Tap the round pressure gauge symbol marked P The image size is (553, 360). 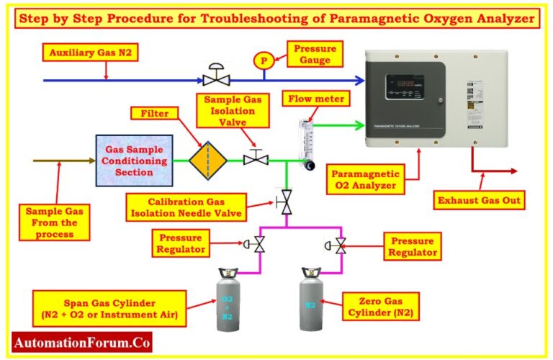[264, 61]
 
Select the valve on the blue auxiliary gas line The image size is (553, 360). [214, 76]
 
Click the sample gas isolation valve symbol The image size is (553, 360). [256, 157]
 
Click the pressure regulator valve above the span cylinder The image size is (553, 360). [258, 246]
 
